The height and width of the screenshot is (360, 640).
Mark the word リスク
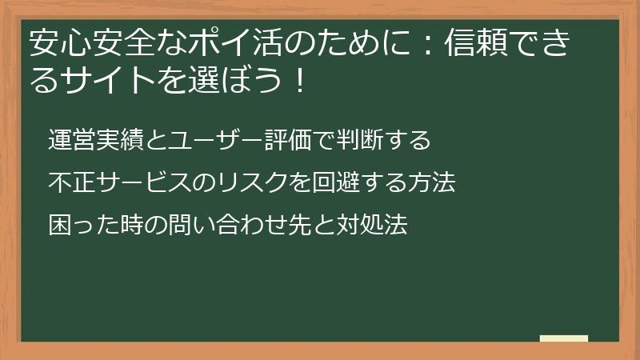pyautogui.click(x=253, y=182)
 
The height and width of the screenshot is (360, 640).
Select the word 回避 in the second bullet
pyautogui.click(x=337, y=182)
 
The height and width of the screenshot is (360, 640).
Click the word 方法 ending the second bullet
pyautogui.click(x=432, y=182)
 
